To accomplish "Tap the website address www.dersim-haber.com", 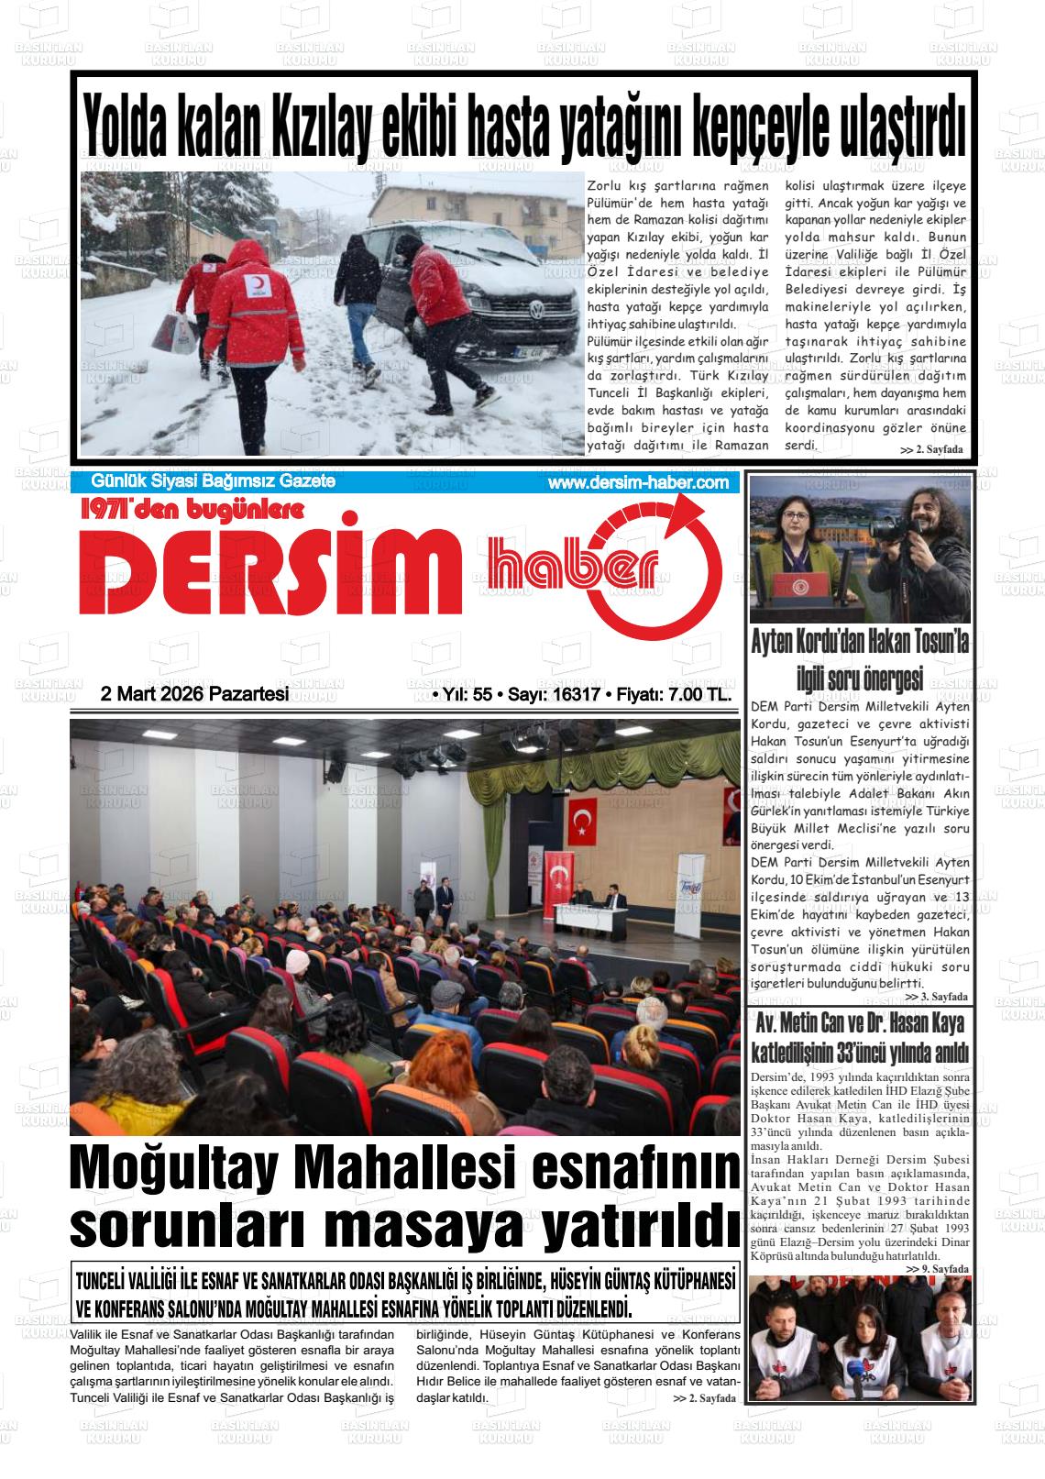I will pos(638,483).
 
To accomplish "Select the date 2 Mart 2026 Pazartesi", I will pos(194,694).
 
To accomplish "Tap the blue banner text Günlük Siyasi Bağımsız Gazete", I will pos(214,482).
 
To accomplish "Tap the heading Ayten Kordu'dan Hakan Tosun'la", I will pos(859,645).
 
